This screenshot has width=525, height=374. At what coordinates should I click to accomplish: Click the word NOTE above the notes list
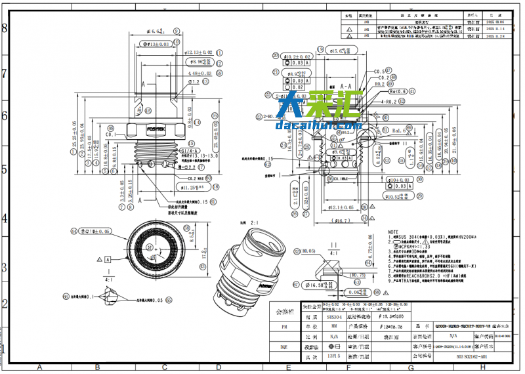click(x=393, y=232)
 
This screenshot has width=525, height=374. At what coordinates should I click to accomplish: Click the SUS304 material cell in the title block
click(x=335, y=316)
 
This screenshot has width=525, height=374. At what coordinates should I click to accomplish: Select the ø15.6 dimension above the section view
click(x=340, y=51)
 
